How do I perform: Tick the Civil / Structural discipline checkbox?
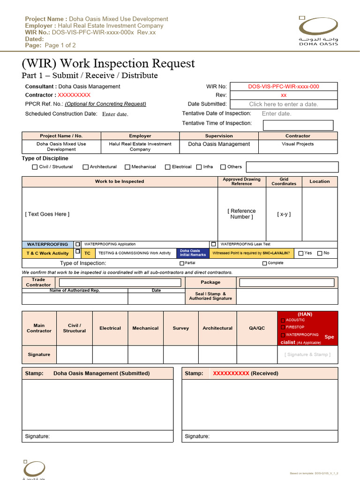[x=35, y=167]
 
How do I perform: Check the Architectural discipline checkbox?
[x=86, y=167]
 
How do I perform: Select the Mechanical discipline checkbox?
[x=127, y=167]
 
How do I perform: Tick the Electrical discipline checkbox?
[x=168, y=167]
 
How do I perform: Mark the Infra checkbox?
[x=199, y=167]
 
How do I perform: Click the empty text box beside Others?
[x=292, y=167]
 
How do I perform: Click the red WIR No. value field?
[x=283, y=86]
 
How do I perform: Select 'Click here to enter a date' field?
[x=283, y=104]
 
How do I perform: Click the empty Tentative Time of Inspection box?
[x=298, y=125]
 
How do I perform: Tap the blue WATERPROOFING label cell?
[x=47, y=244]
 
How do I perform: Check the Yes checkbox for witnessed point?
[x=301, y=254]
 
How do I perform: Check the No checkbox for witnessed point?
[x=320, y=254]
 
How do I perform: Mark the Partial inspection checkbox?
[x=181, y=263]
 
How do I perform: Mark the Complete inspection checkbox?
[x=265, y=263]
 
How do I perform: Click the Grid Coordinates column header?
[x=284, y=181]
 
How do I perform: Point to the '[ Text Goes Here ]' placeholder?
[x=47, y=214]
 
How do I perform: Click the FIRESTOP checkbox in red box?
[x=283, y=327]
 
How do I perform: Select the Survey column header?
[x=180, y=328]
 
